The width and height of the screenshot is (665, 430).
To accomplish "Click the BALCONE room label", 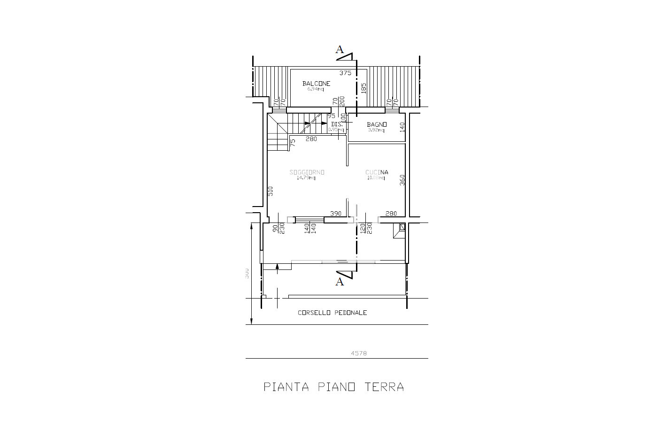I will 316,84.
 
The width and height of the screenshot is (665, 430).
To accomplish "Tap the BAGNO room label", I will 377,124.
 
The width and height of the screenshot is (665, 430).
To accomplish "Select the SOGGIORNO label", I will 307,172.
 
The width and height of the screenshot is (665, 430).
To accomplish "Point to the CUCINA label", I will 377,172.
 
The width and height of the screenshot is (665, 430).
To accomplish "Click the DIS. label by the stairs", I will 336,124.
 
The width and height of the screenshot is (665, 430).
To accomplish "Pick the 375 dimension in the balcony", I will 345,73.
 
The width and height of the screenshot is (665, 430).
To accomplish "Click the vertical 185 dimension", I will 363,88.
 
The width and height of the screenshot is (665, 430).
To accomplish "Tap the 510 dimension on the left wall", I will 270,191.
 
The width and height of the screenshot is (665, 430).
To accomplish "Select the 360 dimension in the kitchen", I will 402,180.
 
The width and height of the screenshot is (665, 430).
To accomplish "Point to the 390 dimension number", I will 336,214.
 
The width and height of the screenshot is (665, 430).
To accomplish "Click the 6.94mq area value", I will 316,89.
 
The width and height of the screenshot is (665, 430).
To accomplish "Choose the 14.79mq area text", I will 306,178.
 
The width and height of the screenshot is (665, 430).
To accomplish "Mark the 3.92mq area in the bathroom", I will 376,130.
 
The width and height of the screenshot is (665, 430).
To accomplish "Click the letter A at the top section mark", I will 340,50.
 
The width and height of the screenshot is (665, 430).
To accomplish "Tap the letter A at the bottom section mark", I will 339,282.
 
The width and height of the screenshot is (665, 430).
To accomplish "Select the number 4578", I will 359,353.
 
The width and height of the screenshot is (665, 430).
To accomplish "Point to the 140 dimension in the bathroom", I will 402,127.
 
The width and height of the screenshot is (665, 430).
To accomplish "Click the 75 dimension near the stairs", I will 292,142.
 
